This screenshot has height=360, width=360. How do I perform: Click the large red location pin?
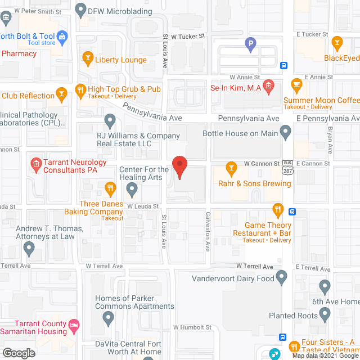click(179, 167)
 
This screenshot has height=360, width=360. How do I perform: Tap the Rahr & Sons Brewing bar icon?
click(231, 167)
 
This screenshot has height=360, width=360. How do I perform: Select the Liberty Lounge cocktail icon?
click(87, 57)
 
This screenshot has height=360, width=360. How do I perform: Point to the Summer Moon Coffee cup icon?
click(296, 85)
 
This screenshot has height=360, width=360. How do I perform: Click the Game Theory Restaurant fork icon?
click(277, 210)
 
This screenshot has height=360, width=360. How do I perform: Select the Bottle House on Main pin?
click(286, 133)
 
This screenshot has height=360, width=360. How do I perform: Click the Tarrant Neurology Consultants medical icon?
click(36, 164)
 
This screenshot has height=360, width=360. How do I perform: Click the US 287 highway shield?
click(287, 168)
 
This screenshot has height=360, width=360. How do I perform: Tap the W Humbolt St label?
click(192, 327)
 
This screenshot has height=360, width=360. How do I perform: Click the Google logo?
click(19, 353)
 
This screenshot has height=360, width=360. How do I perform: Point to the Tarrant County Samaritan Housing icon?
click(73, 325)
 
